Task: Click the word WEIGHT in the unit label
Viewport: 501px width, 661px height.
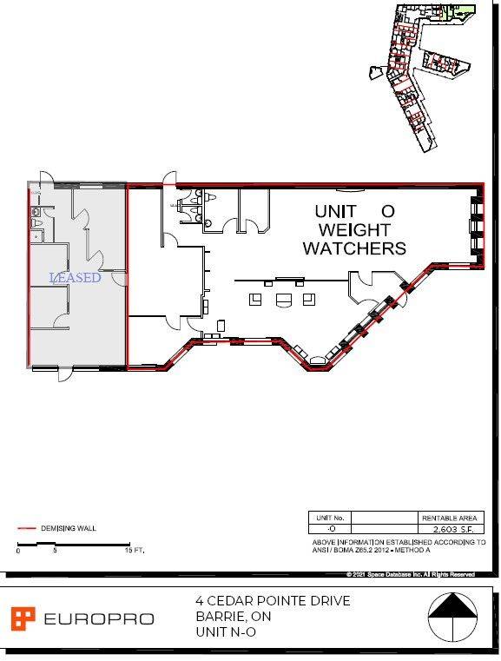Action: [354, 230]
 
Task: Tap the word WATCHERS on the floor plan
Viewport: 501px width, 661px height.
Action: [354, 248]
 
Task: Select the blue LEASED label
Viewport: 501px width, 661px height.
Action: [76, 278]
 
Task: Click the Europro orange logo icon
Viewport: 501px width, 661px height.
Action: [23, 618]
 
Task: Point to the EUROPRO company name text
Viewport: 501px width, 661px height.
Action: [98, 619]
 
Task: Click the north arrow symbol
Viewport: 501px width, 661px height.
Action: [454, 618]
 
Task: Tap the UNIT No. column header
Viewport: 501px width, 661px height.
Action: [331, 516]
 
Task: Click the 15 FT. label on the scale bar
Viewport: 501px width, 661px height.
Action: [134, 551]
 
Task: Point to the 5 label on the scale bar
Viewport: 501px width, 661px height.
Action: [56, 551]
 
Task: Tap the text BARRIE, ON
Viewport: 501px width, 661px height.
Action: [233, 617]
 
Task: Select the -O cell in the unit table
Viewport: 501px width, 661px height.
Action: [331, 528]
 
